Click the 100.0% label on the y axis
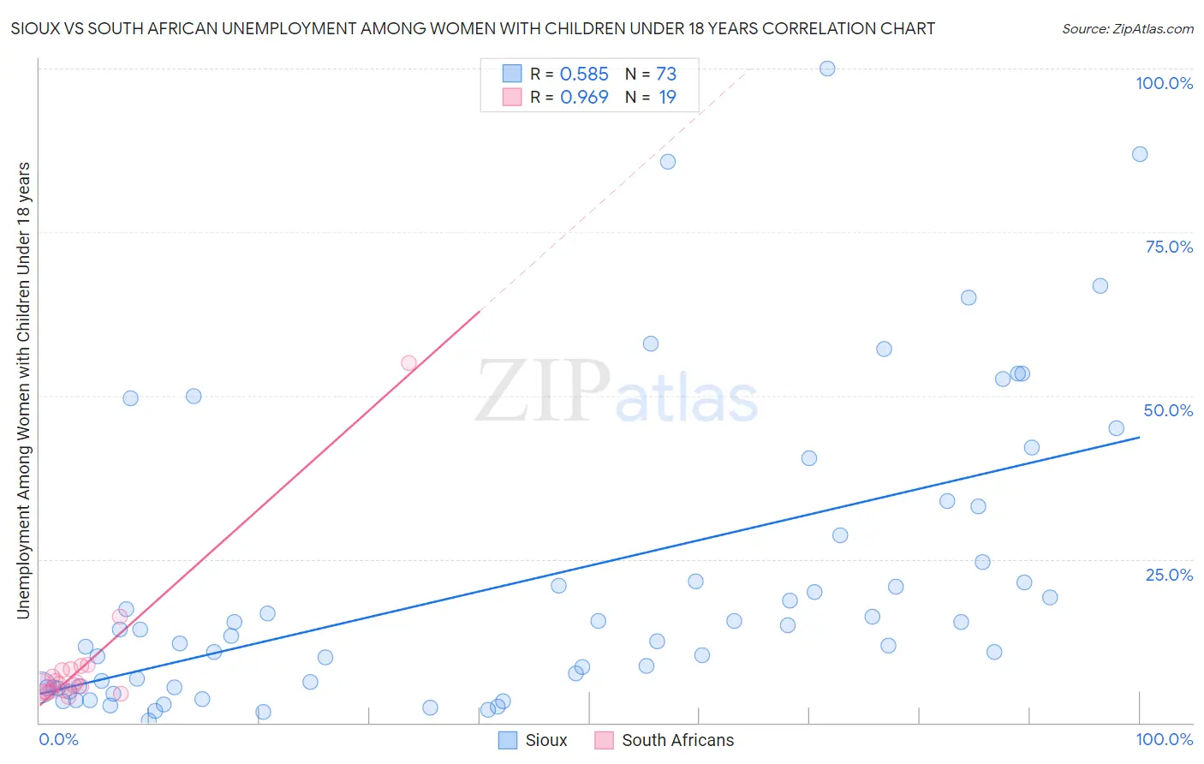1164,83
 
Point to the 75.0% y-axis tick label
1169,247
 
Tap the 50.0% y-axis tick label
1168,410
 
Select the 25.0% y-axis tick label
1169,574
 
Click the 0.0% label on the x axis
58,739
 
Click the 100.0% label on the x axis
1164,739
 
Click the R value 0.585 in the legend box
584,75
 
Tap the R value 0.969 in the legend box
584,98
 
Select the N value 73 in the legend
666,75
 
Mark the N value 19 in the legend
667,98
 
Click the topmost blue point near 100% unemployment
827,69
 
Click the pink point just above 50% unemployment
408,363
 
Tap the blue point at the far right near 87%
1140,154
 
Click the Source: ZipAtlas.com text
1127,29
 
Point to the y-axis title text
23,391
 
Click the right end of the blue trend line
1139,438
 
